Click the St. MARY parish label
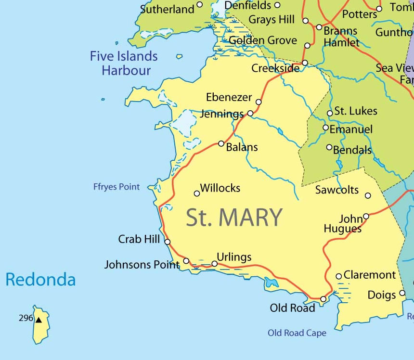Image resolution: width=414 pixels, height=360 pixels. click(x=234, y=218)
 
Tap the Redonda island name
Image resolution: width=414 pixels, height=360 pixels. click(x=40, y=280)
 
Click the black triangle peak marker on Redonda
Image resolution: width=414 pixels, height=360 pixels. click(x=39, y=319)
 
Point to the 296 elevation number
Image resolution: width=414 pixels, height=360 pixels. click(x=26, y=318)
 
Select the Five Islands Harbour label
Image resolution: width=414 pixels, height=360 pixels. click(x=124, y=63)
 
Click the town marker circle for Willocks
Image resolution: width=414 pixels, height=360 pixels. click(x=197, y=193)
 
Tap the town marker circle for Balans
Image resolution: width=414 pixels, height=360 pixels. click(x=221, y=143)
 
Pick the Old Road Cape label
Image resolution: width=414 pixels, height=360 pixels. click(x=297, y=333)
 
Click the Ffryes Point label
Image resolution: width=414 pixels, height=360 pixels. click(x=116, y=187)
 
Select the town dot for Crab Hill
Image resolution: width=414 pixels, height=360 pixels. click(x=168, y=242)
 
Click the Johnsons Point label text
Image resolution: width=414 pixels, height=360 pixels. click(x=142, y=264)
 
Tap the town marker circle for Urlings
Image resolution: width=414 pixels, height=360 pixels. click(x=215, y=263)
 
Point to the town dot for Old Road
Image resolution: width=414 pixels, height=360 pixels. click(x=323, y=299)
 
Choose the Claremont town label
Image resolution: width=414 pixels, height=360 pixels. click(x=369, y=275)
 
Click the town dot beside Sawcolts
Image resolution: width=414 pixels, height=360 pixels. click(x=368, y=195)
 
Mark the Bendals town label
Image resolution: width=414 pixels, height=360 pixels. click(x=352, y=150)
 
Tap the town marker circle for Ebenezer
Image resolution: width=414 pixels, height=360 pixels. click(x=259, y=102)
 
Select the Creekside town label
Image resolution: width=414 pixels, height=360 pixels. click(x=275, y=68)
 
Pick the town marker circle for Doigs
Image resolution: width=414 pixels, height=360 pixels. click(x=402, y=294)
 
